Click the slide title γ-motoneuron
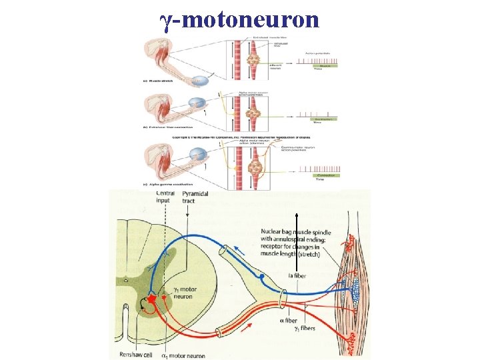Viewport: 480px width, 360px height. (240, 19)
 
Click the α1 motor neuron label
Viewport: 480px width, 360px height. (184, 355)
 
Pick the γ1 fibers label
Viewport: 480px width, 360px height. (303, 328)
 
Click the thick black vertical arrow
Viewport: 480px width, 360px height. (295, 247)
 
